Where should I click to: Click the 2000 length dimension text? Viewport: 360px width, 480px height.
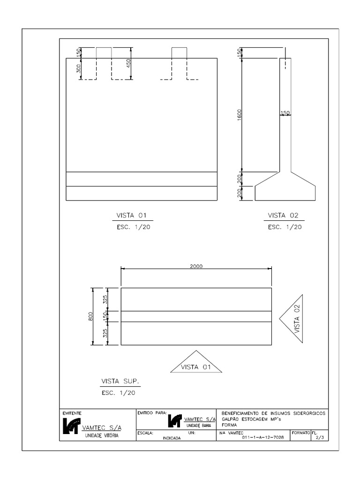pos(196,265)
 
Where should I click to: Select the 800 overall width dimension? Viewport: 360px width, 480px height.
pos(90,316)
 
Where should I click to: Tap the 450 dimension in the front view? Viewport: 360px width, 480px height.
pos(128,64)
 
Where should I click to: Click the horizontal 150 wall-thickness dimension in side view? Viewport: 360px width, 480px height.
pos(285,113)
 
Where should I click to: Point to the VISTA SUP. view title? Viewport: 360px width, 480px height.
pos(120,381)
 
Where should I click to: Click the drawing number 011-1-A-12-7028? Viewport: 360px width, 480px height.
pos(262,437)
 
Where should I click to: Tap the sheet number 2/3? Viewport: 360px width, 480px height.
pos(320,437)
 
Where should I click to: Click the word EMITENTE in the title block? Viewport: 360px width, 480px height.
pos(72,413)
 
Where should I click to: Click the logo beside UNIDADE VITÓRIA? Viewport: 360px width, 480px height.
pos(71,426)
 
